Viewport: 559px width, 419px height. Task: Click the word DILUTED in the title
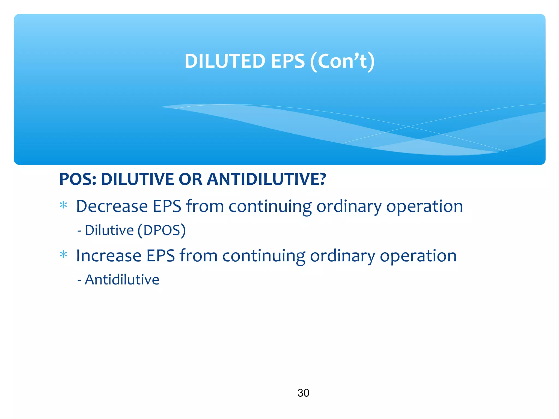click(225, 61)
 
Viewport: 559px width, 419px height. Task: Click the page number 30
click(303, 393)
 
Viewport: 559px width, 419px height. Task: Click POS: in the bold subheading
click(78, 179)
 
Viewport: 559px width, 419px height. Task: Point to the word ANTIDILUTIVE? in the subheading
click(266, 179)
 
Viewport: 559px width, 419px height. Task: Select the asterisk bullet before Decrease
click(63, 205)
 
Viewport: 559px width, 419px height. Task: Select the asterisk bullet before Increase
click(63, 255)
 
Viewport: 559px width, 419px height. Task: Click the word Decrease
click(112, 206)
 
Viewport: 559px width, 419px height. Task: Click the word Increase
click(108, 256)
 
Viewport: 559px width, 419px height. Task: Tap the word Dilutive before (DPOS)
click(109, 230)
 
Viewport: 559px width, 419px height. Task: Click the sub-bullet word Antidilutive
click(122, 280)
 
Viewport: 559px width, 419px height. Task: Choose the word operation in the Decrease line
click(424, 207)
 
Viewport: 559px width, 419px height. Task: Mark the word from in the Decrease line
click(205, 206)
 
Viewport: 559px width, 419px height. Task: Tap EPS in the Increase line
click(160, 256)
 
